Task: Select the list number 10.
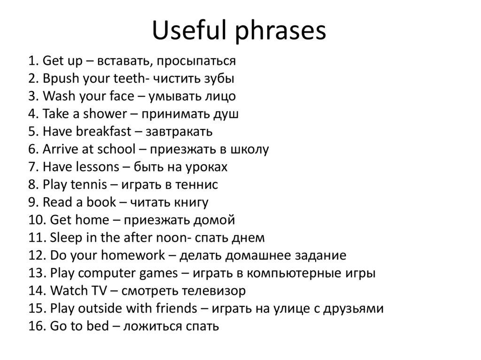tap(36, 220)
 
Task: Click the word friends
tap(175, 309)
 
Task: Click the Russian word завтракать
tap(179, 131)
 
